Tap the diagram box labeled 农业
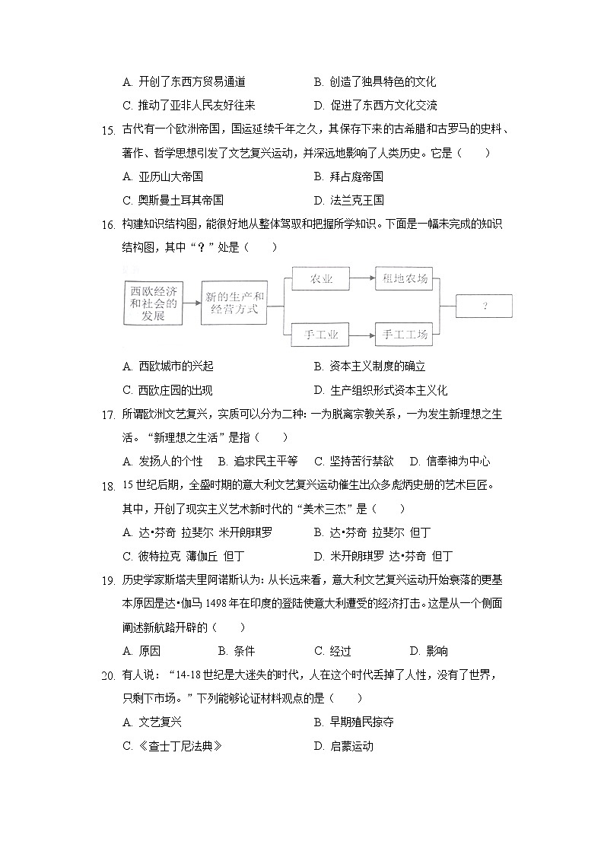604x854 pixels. tap(321, 279)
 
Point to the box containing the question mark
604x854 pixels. tap(484, 306)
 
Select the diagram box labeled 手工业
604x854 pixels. tap(321, 334)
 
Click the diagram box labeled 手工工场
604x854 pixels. tap(405, 334)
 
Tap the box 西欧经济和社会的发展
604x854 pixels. tap(153, 303)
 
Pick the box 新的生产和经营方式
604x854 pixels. tap(234, 303)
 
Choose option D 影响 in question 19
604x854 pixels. tap(428, 651)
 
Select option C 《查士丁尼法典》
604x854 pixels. tap(172, 746)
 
